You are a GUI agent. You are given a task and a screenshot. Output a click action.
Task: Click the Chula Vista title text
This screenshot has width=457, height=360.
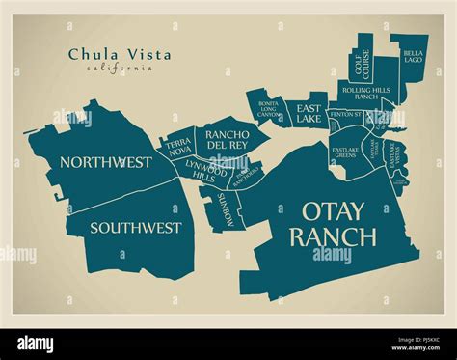coord(120,55)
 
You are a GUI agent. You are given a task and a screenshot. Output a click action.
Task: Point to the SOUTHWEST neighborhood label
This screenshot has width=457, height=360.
coord(136,228)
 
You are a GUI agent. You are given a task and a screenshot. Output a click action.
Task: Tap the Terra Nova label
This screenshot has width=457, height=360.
coord(179,148)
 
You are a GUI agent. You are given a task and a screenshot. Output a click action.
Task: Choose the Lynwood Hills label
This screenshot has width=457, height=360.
coord(200,170)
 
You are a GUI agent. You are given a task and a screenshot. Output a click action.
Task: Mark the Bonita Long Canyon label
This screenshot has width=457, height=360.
coord(268,110)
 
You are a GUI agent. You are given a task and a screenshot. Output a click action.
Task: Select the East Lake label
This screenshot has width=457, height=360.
coord(309,113)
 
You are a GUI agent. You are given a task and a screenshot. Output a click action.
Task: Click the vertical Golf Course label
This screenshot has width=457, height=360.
coord(361,58)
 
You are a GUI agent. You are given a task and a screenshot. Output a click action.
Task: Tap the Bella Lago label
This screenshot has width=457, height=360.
coord(413,57)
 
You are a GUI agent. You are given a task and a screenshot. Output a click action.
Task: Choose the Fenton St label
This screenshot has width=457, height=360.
coord(345,115)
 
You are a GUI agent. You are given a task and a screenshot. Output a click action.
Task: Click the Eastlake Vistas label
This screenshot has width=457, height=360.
coord(392,152)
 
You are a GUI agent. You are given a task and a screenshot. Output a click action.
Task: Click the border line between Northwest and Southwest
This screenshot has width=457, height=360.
coord(106,194)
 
